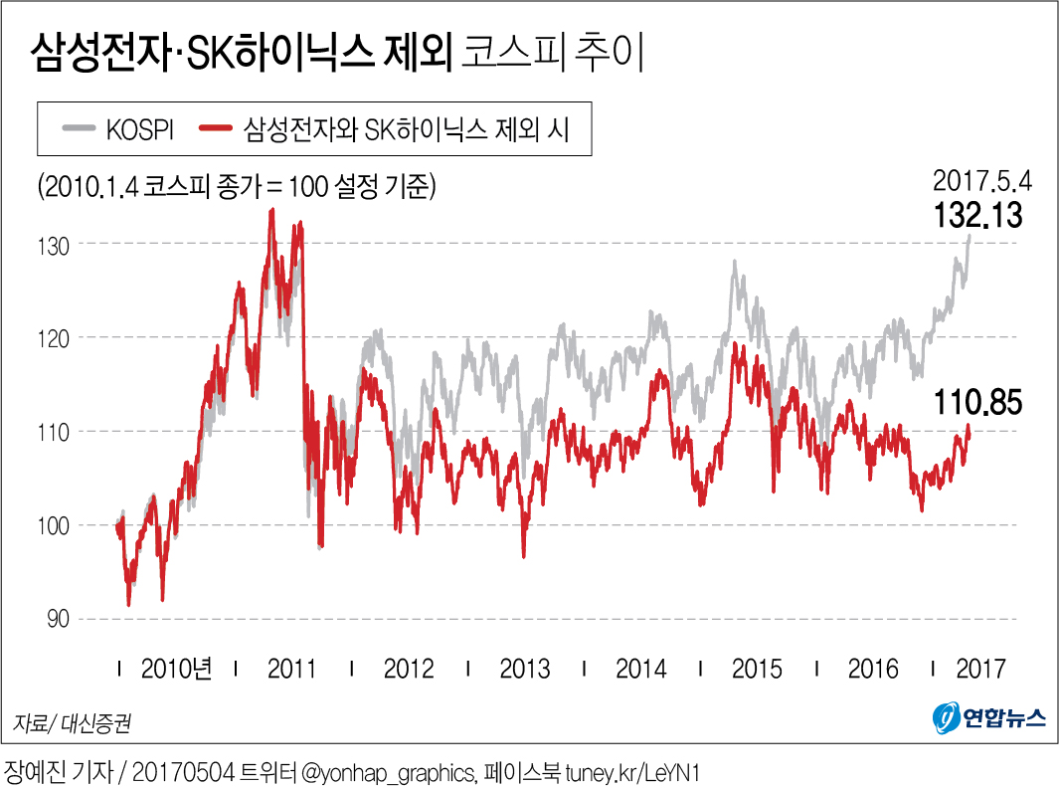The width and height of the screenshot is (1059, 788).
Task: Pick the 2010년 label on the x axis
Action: [x=177, y=669]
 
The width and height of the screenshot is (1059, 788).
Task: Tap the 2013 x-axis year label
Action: [x=525, y=669]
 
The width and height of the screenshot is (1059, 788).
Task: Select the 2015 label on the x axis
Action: [x=758, y=669]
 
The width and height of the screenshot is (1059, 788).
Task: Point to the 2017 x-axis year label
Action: [x=981, y=669]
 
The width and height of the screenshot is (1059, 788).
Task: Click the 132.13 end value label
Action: [x=978, y=216]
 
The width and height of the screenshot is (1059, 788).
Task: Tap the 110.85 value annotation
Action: [x=978, y=404]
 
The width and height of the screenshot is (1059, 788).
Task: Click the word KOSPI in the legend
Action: [x=141, y=129]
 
